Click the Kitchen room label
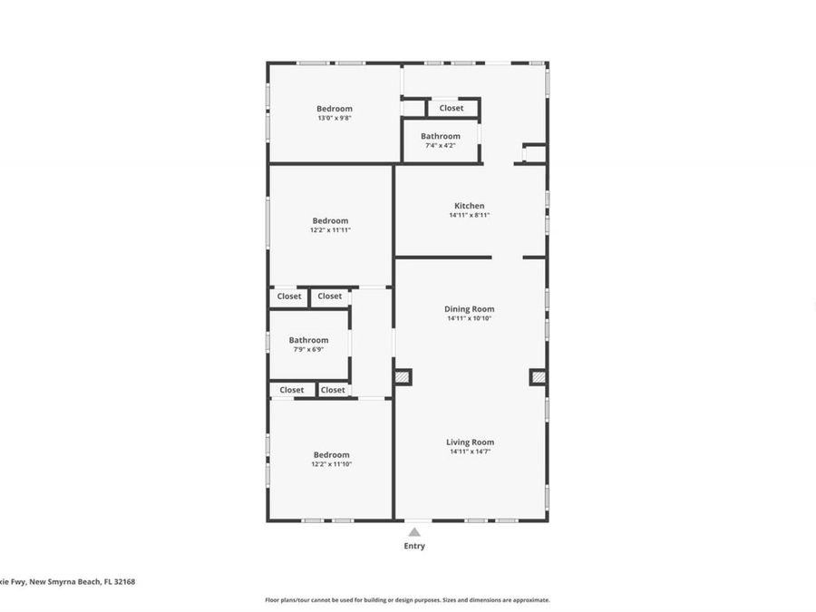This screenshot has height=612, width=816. click(x=469, y=206)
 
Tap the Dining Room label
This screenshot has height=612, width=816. click(x=469, y=309)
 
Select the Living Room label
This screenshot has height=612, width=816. click(x=470, y=442)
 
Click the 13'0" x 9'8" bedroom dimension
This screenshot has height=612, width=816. click(x=334, y=118)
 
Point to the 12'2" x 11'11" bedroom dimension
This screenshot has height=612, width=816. click(x=330, y=230)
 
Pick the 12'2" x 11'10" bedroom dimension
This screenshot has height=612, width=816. click(x=331, y=464)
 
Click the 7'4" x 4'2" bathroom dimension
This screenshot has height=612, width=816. click(x=440, y=145)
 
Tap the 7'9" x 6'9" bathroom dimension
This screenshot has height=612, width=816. click(x=308, y=349)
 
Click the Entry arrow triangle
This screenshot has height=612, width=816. click(x=414, y=532)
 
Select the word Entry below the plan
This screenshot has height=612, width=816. click(x=414, y=546)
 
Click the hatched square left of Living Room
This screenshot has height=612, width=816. click(x=403, y=376)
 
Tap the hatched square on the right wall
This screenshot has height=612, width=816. click(x=538, y=376)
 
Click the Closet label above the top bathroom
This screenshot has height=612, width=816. click(x=452, y=108)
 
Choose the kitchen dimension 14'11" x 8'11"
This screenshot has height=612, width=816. click(x=469, y=215)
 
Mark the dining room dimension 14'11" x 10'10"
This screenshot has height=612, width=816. click(x=469, y=318)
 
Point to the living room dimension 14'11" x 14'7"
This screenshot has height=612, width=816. click(x=470, y=452)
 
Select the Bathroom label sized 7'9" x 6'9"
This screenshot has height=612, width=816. click(x=308, y=340)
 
